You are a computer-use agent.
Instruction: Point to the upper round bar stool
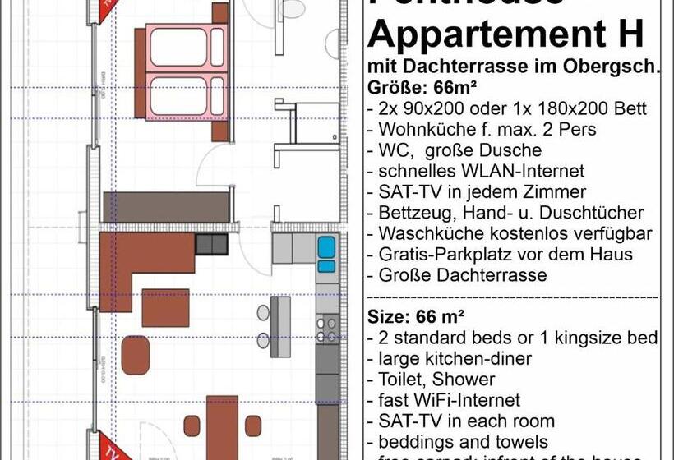click(264, 312)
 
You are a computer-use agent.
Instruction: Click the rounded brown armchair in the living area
click(136, 355)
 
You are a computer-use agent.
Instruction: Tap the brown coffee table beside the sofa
click(165, 307)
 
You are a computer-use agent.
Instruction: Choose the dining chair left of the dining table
click(192, 426)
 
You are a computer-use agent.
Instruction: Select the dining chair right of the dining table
click(252, 426)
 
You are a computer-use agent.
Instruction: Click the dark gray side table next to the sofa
click(211, 243)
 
